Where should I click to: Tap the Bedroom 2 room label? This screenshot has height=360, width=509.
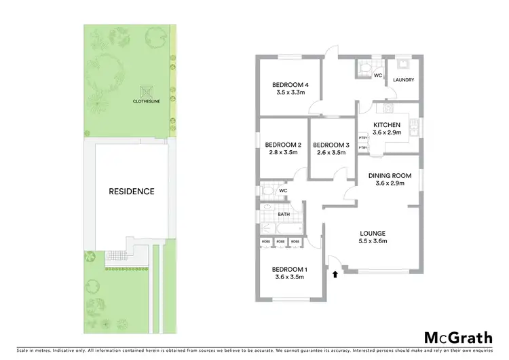(283, 145)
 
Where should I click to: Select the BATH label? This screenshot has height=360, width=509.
(284, 215)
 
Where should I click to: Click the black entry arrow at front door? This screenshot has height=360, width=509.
(335, 274)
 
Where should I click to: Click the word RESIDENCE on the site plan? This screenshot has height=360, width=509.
(132, 192)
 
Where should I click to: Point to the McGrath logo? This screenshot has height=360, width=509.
(459, 338)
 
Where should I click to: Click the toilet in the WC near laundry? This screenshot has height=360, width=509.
(364, 67)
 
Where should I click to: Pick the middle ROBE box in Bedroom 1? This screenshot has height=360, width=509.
(280, 242)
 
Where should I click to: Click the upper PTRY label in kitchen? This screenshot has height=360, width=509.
(363, 138)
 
